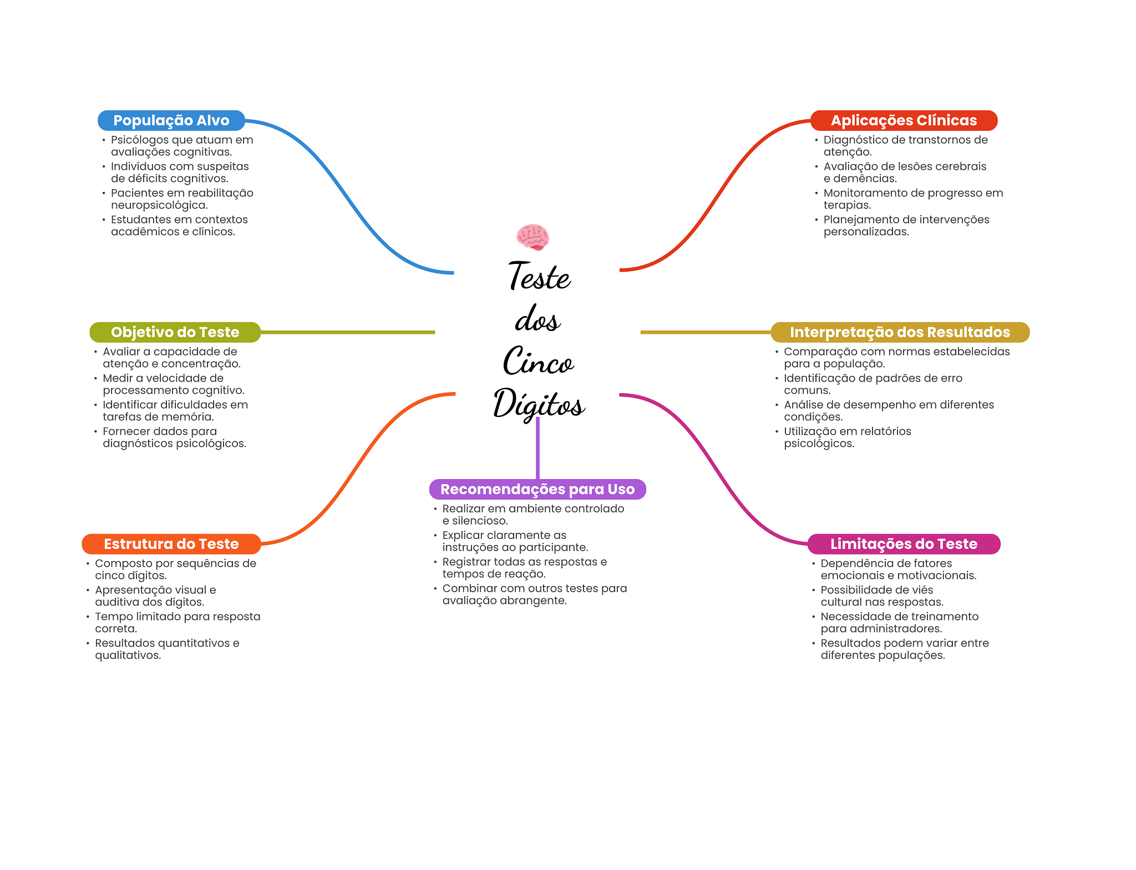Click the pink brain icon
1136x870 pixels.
click(532, 237)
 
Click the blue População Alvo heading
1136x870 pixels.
click(171, 120)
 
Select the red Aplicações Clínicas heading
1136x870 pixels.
click(904, 120)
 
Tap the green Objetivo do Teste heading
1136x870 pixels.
click(175, 332)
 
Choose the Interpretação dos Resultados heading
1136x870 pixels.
click(900, 332)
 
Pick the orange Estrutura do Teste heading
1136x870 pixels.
click(171, 544)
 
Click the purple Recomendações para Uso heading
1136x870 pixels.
click(537, 489)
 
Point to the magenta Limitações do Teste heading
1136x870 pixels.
click(904, 544)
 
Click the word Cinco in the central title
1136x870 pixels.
click(538, 362)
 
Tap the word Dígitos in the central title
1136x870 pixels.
click(539, 404)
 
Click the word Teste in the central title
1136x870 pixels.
click(539, 277)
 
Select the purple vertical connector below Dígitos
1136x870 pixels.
click(537, 449)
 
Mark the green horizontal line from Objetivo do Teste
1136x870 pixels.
click(348, 332)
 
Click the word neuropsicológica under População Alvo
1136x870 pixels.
click(159, 205)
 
